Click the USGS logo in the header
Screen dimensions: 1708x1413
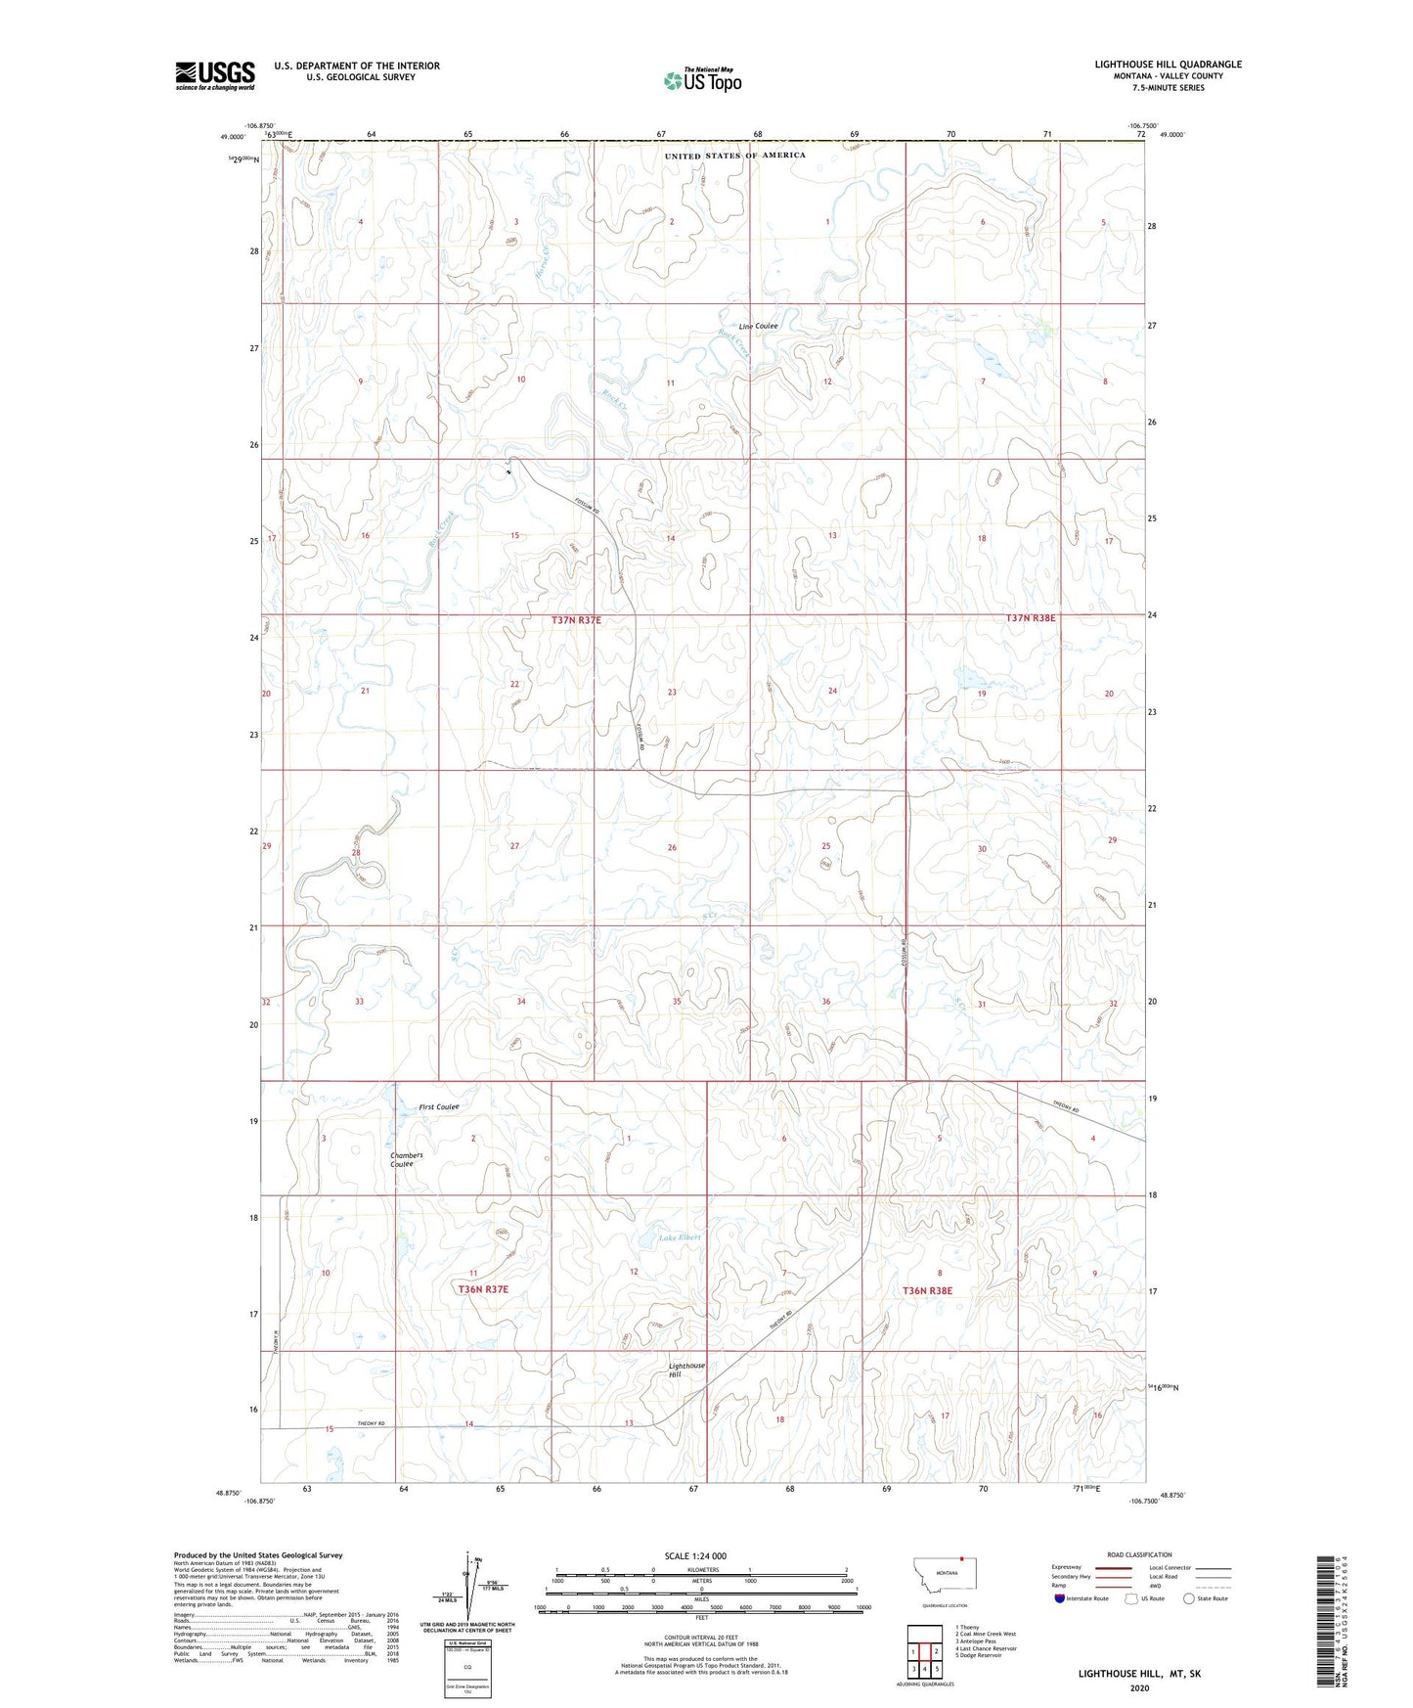click(x=214, y=75)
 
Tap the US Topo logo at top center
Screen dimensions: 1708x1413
click(x=702, y=80)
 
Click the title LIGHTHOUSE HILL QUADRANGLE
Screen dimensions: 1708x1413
click(x=1168, y=65)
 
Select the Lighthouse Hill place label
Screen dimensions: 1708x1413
click(x=686, y=1370)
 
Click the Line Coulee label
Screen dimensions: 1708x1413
click(x=758, y=326)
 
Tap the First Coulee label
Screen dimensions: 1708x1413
click(x=439, y=1106)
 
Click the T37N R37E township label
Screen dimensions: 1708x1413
click(x=576, y=620)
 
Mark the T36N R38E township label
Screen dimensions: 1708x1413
click(x=927, y=1290)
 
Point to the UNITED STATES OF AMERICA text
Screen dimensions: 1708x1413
click(x=735, y=156)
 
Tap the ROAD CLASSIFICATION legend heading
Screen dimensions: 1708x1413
click(x=1139, y=1554)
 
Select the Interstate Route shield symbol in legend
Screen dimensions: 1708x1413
click(x=1061, y=1598)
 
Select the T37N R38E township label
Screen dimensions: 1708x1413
click(x=1031, y=618)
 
